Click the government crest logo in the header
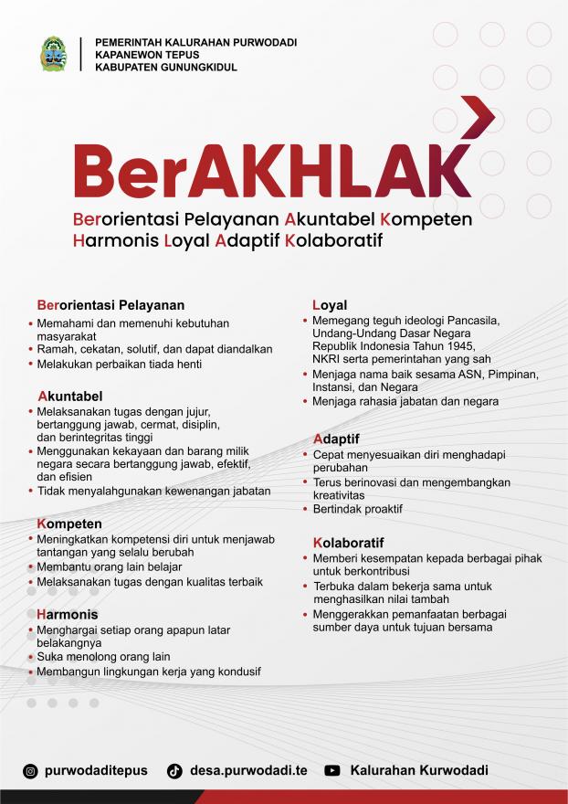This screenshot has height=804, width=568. point(53,55)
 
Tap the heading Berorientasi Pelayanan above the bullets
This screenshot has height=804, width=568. point(110,304)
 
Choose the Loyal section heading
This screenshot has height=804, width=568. point(330,304)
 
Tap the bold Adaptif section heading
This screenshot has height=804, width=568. point(335,439)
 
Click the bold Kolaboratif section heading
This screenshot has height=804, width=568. point(348,542)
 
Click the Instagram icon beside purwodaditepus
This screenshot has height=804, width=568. point(30,770)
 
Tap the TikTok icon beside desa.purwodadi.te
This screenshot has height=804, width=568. point(174,770)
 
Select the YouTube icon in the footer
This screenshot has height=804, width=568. point(332,770)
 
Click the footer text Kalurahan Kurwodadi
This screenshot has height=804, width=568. point(419,770)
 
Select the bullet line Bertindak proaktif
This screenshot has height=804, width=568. point(357,509)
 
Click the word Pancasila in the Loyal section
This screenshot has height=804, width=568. point(473,321)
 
